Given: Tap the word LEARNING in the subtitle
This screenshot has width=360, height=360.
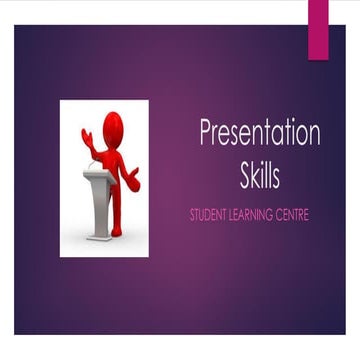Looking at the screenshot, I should [257, 215].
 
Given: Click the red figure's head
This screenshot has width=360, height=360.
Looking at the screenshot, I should [113, 125].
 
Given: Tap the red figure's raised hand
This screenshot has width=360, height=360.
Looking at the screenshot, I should [87, 137].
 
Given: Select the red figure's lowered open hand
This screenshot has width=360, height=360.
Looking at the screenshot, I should [133, 179].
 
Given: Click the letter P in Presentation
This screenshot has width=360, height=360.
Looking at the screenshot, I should [206, 134].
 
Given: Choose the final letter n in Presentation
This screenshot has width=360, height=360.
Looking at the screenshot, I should [313, 135].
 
